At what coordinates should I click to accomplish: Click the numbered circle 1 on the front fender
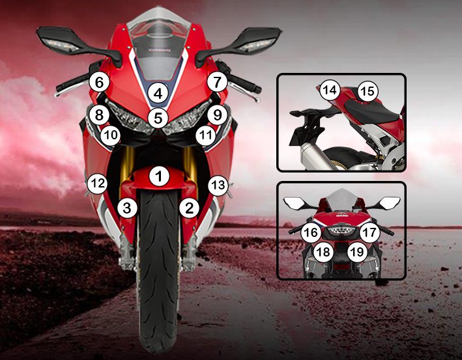[x=159, y=176]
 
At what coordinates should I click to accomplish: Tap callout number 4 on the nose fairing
[x=158, y=94]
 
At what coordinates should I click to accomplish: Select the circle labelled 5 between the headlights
[x=158, y=118]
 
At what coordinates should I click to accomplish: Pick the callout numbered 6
[x=99, y=83]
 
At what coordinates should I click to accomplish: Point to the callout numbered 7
[x=217, y=82]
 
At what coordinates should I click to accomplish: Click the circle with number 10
[x=111, y=135]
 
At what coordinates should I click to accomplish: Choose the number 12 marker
[x=98, y=184]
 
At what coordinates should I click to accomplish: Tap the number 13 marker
[x=218, y=186]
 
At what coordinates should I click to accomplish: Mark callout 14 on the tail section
[x=330, y=90]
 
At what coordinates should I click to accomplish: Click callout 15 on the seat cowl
[x=368, y=91]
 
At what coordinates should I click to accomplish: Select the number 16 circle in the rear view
[x=311, y=232]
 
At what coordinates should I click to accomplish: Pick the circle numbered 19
[x=357, y=252]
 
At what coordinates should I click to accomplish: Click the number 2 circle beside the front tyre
[x=189, y=208]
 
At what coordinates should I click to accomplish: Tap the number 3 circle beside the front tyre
[x=127, y=208]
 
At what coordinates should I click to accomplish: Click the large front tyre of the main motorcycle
[x=159, y=271]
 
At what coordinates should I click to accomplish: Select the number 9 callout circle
[x=217, y=115]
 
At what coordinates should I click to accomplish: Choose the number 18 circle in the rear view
[x=323, y=252]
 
